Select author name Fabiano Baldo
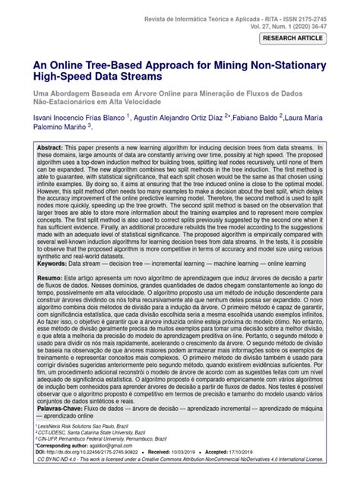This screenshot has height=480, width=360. coord(250,118)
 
